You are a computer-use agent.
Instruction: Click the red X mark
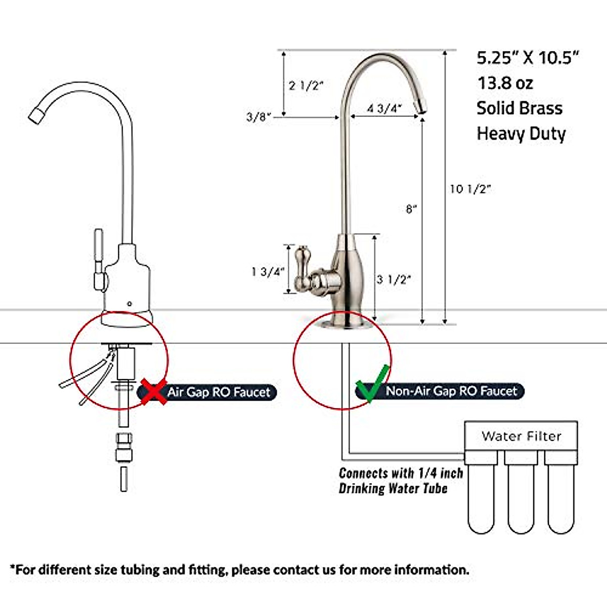point(154,391)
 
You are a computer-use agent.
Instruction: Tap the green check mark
point(372,384)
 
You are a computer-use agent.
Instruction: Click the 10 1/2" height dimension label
point(470,189)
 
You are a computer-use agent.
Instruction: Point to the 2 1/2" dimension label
point(306,85)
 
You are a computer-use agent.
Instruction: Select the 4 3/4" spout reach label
point(384,108)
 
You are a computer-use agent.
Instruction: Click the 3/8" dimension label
point(258,117)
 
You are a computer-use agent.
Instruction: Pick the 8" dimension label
point(411,208)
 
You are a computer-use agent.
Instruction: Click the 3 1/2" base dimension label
point(394,279)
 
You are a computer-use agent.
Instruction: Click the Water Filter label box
point(521,436)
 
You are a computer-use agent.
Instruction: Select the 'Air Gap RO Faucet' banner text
point(219,392)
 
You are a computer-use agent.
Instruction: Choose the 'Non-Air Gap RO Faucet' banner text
point(451,391)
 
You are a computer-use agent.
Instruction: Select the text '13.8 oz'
point(505,82)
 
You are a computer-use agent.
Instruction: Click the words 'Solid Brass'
point(519,108)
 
